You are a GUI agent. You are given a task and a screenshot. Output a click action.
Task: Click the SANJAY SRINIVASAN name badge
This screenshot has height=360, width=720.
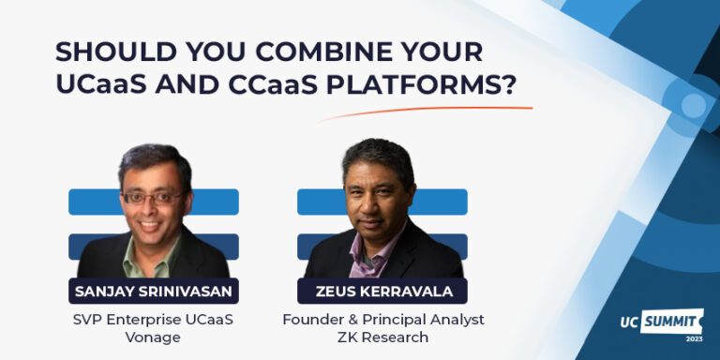[x=154, y=291]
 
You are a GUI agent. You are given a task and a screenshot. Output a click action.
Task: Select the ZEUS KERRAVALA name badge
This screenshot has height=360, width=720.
[x=382, y=291]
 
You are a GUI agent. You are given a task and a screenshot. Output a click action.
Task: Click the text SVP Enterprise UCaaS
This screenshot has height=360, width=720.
[x=154, y=320]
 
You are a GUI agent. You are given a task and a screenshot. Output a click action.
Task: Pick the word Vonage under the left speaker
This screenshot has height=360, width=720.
[x=154, y=337]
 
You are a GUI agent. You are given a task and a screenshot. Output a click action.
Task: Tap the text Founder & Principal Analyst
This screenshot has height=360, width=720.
[x=382, y=320]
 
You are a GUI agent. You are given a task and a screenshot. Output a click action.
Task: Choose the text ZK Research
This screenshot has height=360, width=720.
[x=382, y=337]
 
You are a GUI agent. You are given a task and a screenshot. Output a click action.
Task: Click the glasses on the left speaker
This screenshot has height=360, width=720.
[x=152, y=198]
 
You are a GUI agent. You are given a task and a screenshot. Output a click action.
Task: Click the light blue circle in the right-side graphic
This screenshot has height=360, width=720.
[x=692, y=105]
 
